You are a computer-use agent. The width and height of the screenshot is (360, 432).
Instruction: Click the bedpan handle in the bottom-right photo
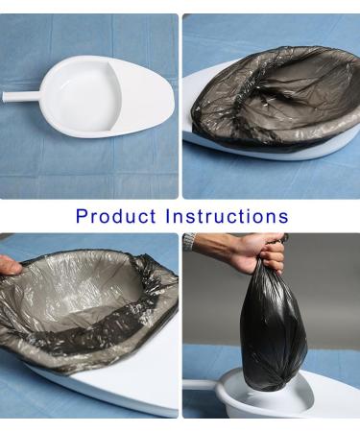(197, 384)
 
